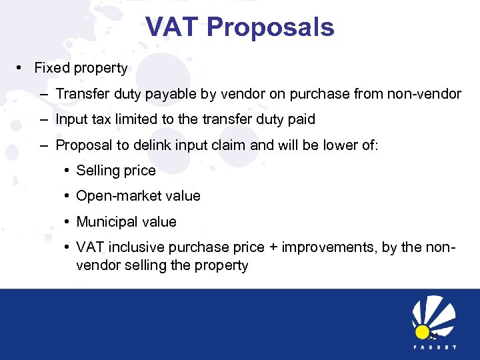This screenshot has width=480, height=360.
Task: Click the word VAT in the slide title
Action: (173, 27)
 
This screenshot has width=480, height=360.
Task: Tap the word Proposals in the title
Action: (270, 27)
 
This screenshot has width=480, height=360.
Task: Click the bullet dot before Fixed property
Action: (23, 68)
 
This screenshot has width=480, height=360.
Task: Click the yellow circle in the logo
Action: (422, 331)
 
